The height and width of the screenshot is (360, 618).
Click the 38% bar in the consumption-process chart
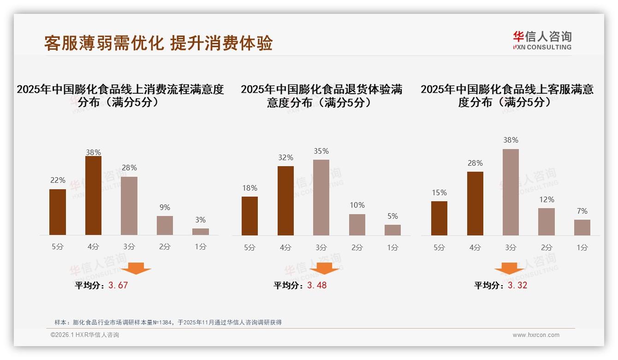93,196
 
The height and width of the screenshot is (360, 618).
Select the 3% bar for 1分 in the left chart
200,232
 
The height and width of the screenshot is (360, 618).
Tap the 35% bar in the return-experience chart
321,198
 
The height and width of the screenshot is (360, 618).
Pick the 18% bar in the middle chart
250,216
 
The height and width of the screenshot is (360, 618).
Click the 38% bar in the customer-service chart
511,192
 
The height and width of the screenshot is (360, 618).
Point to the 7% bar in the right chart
582,228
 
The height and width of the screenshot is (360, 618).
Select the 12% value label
547,200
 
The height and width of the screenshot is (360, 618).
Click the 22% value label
58,180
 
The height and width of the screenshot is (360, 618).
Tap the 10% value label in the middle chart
357,205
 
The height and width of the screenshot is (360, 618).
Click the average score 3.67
118,285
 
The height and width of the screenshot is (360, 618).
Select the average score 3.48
317,285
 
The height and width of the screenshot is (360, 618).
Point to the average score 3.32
517,285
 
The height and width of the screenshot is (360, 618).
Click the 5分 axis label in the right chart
439,247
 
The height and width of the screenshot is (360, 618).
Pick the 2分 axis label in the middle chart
357,247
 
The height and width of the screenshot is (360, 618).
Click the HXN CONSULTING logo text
542,47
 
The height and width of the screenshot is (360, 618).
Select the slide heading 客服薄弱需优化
104,43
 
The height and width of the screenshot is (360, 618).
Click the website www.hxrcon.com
536,335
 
